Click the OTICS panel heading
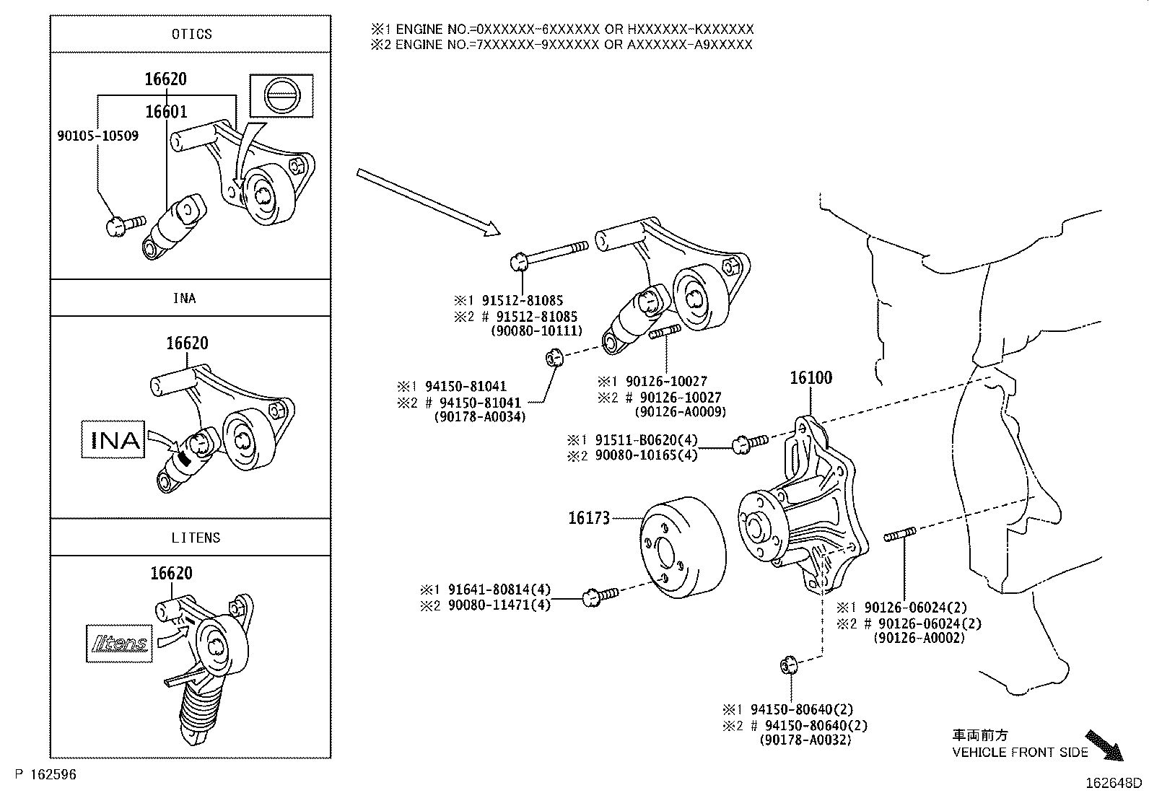tap(192, 34)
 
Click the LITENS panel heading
tap(196, 538)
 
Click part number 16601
tap(166, 111)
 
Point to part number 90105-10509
tap(97, 136)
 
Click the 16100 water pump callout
tap(811, 377)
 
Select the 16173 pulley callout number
tap(589, 517)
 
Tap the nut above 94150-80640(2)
tap(789, 664)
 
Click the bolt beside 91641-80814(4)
tap(599, 595)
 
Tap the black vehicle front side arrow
tap(1105, 745)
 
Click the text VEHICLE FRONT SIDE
tap(1020, 753)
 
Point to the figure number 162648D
tap(1114, 783)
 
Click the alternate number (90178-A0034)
tap(480, 416)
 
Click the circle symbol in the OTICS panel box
tap(281, 95)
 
